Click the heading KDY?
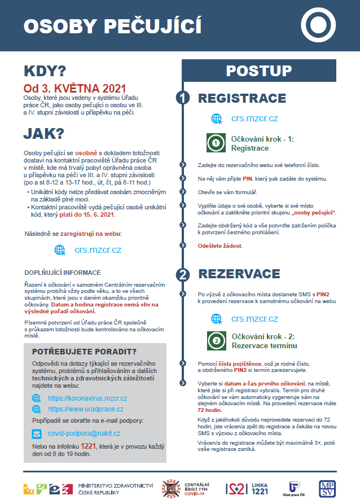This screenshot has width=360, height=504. point(45,71)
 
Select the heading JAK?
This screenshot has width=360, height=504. point(43,134)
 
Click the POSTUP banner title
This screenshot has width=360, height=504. point(258,71)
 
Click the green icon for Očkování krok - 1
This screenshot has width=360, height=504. point(215,143)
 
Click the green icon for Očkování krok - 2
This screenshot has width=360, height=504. point(215,341)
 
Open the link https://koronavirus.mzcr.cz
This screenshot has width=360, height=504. point(87,398)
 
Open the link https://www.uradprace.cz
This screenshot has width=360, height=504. point(86,409)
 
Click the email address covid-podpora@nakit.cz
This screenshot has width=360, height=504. point(84,433)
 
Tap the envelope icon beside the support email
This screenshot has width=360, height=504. point(37,433)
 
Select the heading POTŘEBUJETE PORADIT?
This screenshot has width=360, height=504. point(85,352)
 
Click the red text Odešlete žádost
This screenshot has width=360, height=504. point(220,246)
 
